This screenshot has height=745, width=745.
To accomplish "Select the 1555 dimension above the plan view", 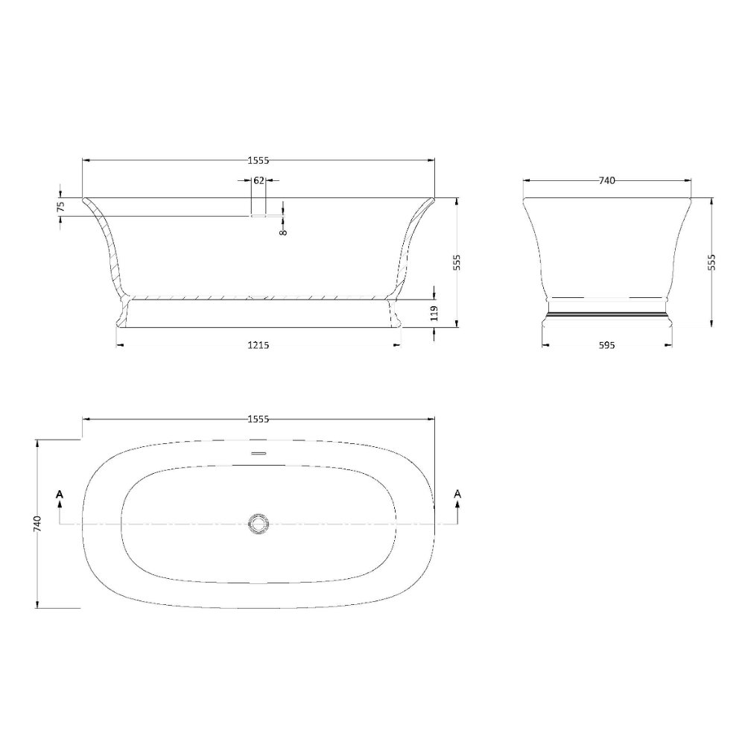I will [x=258, y=419].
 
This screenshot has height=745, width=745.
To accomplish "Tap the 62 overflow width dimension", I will [x=259, y=180].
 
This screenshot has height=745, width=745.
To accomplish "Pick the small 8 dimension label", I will [x=284, y=232].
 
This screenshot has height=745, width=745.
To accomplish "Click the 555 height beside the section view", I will [x=458, y=261].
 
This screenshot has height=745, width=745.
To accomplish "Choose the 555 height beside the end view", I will [x=711, y=261].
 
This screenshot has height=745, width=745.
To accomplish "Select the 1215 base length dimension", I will [x=258, y=345].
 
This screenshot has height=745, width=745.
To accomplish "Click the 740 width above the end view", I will [x=606, y=180].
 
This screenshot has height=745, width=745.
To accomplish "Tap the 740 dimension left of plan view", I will [x=37, y=524].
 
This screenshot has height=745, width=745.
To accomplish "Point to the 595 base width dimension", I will [x=606, y=345].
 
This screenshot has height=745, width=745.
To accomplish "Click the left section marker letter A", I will [x=60, y=494].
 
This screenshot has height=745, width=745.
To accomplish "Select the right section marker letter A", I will [x=457, y=494].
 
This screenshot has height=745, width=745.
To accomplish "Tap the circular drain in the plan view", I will [x=259, y=524].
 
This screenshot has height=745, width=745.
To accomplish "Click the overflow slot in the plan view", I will [x=259, y=453].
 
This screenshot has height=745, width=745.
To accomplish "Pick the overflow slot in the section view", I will [x=259, y=215].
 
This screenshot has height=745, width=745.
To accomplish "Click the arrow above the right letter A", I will [x=457, y=508].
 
